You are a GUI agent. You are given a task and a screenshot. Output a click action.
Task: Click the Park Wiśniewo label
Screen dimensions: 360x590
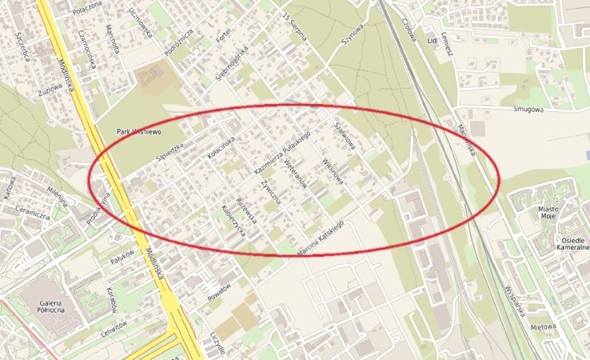click(x=140, y=130)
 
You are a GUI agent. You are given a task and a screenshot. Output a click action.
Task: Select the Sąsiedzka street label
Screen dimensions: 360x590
click(x=171, y=146)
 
